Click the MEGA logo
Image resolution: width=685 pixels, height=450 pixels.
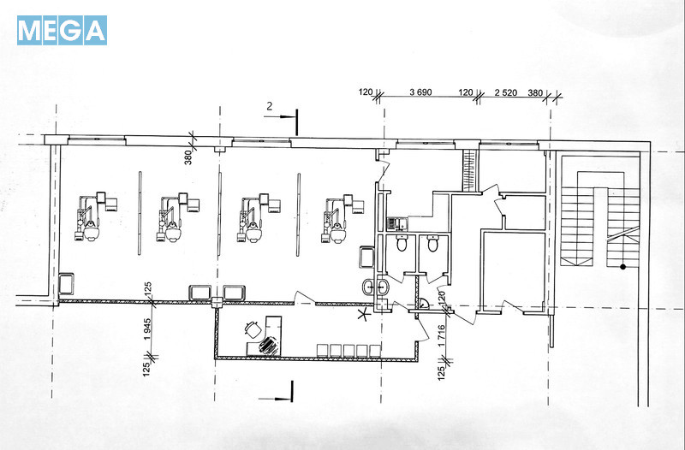(x=62, y=30)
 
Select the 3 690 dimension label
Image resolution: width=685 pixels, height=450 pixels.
(x=420, y=92)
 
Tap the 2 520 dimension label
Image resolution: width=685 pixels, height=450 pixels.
(x=506, y=92)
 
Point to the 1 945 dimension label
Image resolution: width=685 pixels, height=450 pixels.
(x=147, y=329)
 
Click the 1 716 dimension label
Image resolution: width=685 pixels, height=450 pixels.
(x=441, y=335)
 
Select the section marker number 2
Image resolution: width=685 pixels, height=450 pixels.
(x=270, y=106)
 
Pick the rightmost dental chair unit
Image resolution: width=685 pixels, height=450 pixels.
(x=343, y=218)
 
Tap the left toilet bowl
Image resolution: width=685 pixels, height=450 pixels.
(x=402, y=243)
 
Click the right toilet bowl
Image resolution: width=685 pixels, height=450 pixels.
(x=433, y=243)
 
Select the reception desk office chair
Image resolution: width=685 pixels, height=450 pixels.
(x=253, y=329)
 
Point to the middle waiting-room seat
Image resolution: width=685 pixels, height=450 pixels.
(x=349, y=351)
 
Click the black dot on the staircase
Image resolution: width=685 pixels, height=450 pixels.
(x=622, y=267)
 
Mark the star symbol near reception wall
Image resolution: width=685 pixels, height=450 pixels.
(x=362, y=313)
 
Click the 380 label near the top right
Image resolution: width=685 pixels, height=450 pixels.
(x=535, y=92)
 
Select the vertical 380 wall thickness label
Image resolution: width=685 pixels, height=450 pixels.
(x=188, y=157)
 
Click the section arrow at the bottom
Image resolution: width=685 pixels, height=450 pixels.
(x=276, y=394)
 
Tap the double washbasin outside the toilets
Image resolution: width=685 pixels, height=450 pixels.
(x=376, y=287)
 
